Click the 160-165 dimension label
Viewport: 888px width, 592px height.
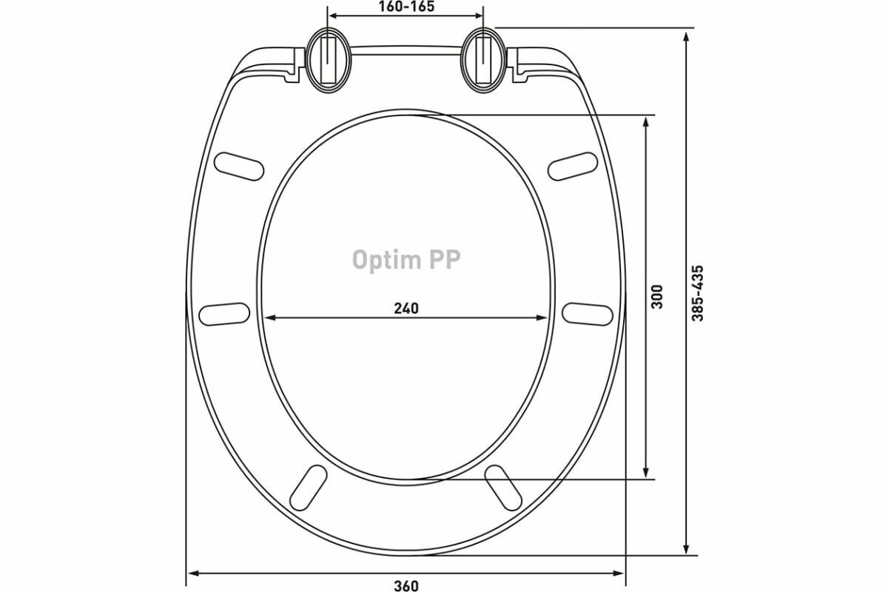[x=407, y=7]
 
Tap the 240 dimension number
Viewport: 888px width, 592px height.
[x=406, y=308]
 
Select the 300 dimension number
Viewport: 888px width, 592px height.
[x=657, y=297]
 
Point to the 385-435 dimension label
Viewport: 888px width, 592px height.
[x=697, y=293]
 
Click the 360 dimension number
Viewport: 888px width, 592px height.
[x=406, y=585]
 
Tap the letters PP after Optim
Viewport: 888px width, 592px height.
[x=445, y=259]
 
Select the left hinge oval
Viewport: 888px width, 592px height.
[x=329, y=60]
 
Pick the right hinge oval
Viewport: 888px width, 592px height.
[x=484, y=60]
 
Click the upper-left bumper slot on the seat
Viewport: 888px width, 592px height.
[x=239, y=166]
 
